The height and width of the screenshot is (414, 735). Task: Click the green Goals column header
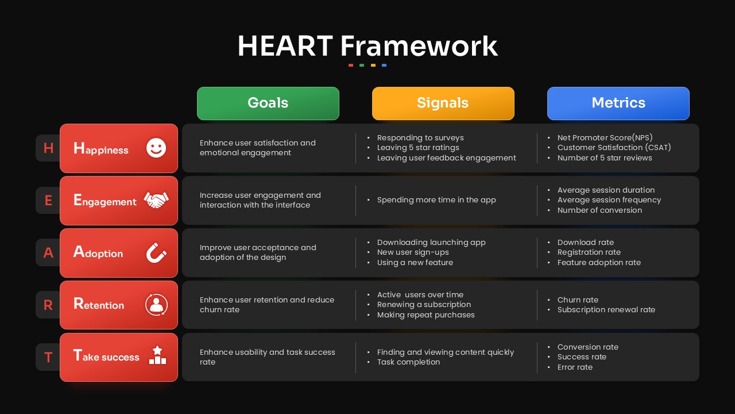[x=268, y=103]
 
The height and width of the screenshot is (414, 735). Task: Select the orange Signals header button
[x=443, y=103]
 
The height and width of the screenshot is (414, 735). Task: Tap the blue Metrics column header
[x=618, y=103]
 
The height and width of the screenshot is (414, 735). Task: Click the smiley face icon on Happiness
[x=156, y=148]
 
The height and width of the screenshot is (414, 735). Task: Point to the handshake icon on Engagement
[x=156, y=200]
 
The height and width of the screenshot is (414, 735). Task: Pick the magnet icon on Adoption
[x=156, y=252]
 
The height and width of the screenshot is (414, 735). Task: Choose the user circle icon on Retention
[x=157, y=305]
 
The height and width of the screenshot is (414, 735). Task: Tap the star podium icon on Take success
[x=157, y=355]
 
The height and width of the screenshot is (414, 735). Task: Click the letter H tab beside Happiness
[x=48, y=148]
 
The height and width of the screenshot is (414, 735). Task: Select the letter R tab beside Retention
[x=48, y=305]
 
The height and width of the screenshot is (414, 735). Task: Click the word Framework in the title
[x=419, y=46]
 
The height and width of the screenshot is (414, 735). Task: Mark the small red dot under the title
[x=351, y=66]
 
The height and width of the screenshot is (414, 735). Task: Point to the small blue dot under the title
[x=384, y=66]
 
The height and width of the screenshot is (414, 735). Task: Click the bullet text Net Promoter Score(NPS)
[x=605, y=137]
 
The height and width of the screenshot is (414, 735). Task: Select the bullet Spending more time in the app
[x=436, y=200]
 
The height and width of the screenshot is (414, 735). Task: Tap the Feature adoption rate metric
[x=599, y=263]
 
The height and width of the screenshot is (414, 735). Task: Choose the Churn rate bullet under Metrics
[x=578, y=300]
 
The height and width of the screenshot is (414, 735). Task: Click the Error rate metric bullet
[x=575, y=367]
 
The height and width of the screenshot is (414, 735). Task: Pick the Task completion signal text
[x=408, y=362]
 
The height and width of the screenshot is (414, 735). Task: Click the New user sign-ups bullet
[x=413, y=252]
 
